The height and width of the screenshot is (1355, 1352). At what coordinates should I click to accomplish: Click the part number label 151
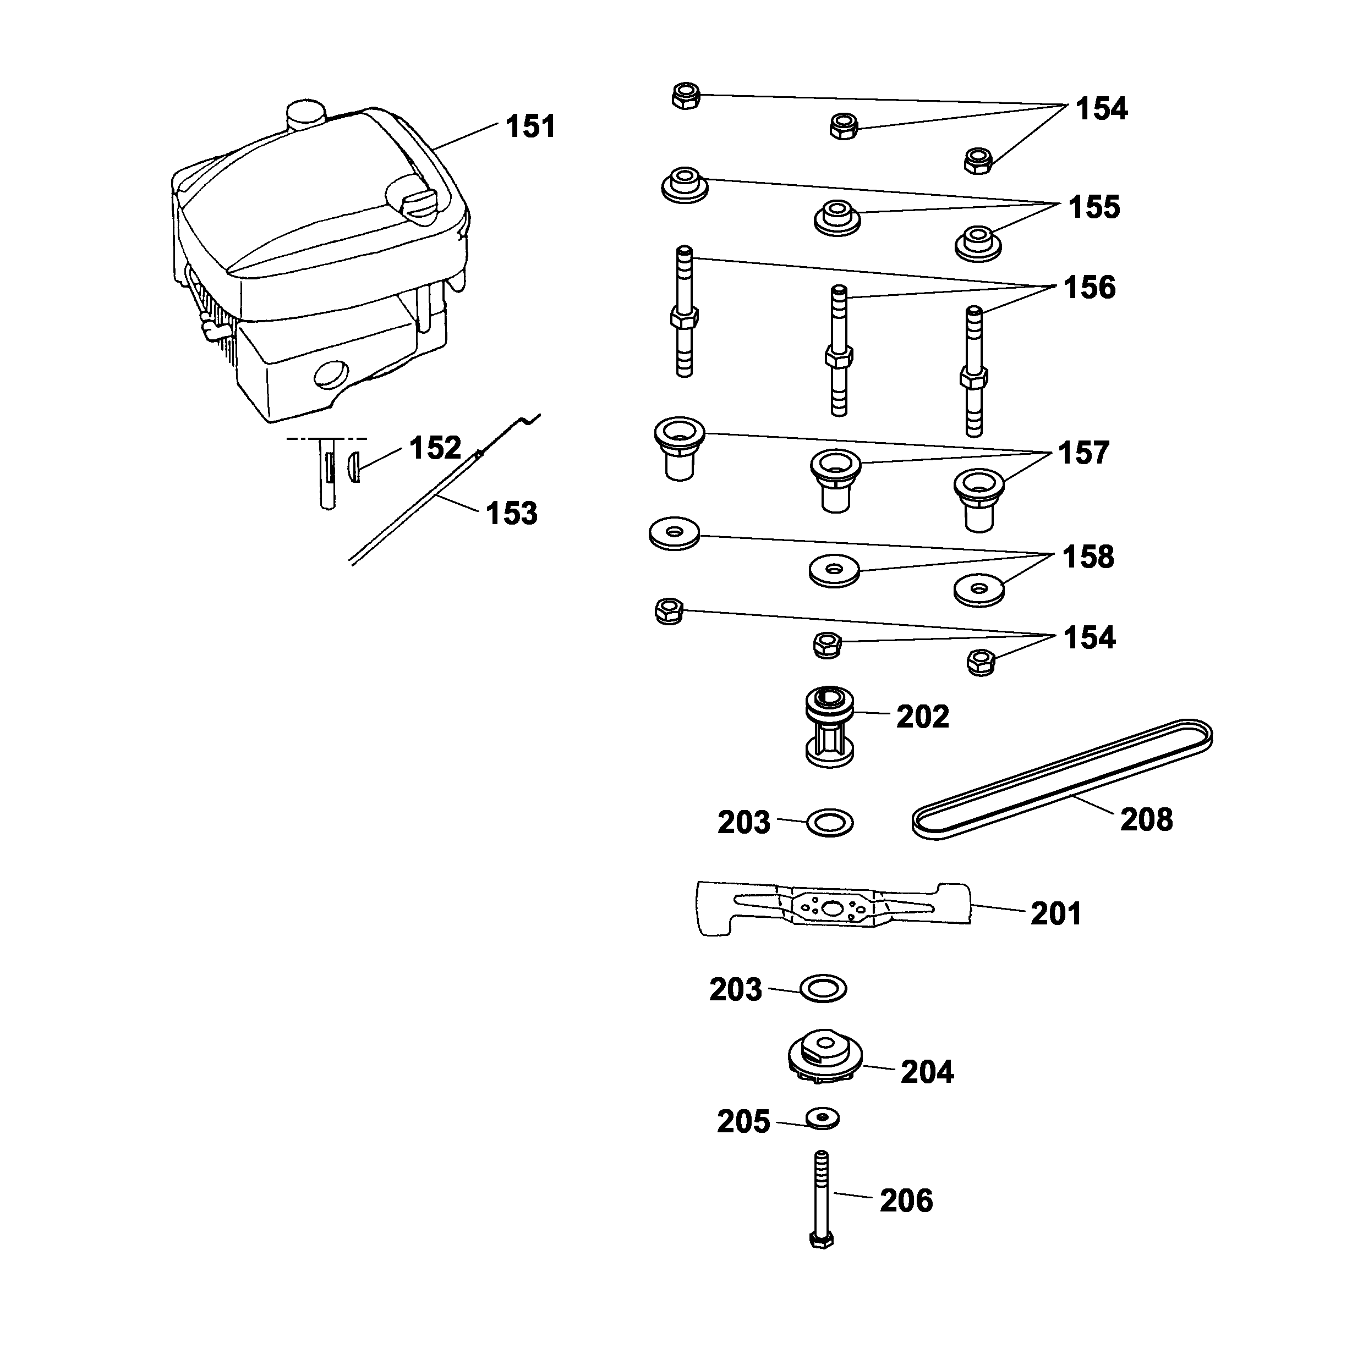tap(530, 127)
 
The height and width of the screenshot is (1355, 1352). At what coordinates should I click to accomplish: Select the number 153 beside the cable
tap(512, 514)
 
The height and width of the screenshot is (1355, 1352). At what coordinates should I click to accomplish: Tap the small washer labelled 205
tap(822, 1119)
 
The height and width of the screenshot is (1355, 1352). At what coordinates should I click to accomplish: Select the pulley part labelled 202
tap(829, 726)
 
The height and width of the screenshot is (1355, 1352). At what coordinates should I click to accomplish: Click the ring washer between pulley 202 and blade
tap(830, 822)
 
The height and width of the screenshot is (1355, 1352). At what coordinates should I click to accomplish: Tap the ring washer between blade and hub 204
tap(823, 989)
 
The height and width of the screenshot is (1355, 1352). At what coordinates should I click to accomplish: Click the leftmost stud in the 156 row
tap(684, 312)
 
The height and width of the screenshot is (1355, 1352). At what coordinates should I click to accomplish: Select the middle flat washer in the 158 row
tap(834, 570)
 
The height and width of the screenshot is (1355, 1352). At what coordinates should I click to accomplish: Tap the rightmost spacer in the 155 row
tap(978, 243)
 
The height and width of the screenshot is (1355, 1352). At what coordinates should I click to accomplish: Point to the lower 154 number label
tap(1089, 638)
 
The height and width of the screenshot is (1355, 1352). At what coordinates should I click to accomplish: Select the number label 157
tap(1083, 453)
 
